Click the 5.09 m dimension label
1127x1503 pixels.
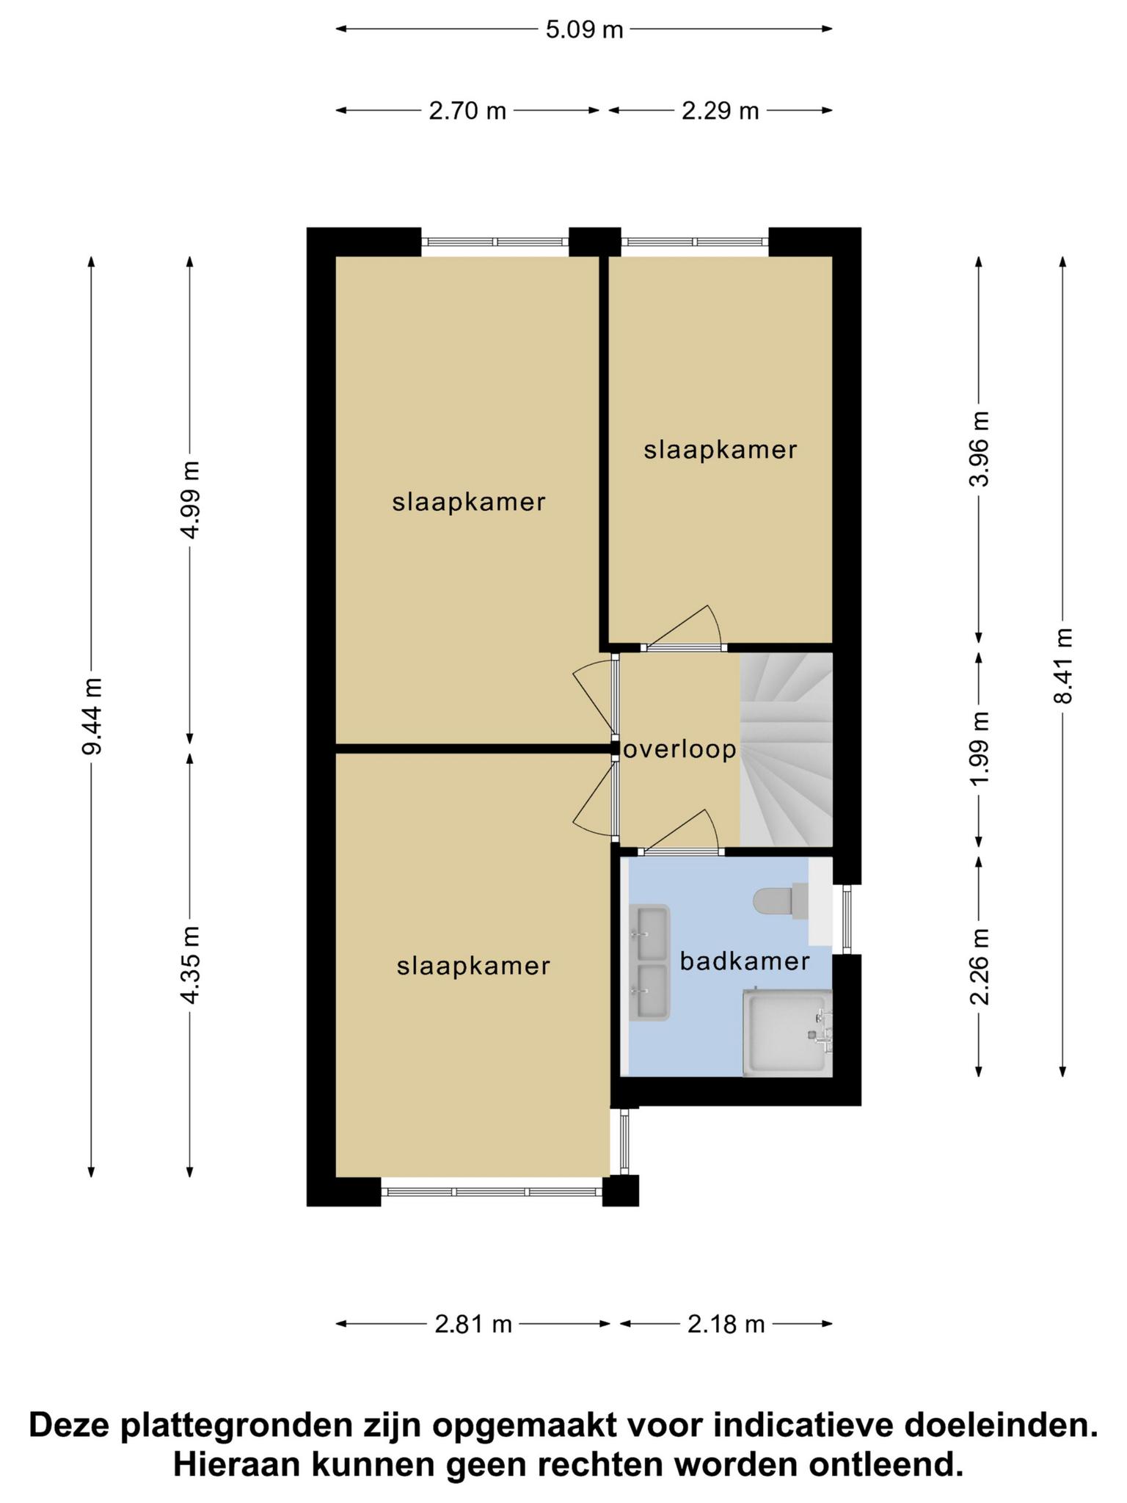pos(584,30)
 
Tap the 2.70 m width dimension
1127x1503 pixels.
pos(467,111)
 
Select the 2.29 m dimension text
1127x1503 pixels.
pos(720,111)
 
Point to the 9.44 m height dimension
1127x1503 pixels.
pos(92,716)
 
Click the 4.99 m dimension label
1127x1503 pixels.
pos(190,501)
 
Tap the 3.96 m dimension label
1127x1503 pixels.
pos(980,448)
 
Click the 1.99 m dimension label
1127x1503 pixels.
pos(980,748)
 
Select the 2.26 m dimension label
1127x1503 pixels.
pos(980,966)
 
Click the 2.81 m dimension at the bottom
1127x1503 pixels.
pos(473,1324)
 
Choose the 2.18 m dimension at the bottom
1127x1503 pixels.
pos(726,1324)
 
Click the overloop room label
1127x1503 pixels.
pos(679,750)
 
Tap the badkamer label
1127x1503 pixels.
pos(745,961)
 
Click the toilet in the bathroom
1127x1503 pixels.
pos(781,902)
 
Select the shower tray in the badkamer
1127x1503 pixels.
pos(788,1033)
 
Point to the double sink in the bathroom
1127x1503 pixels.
pos(649,963)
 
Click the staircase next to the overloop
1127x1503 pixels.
pos(787,749)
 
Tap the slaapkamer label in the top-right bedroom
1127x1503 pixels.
pos(721,450)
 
